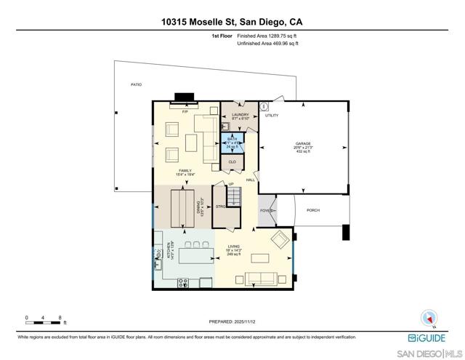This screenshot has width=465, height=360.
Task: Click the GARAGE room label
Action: click(303, 143)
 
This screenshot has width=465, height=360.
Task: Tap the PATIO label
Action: click(136, 84)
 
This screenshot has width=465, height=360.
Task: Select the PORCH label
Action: click(313, 210)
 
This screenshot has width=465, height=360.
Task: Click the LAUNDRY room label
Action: click(240, 114)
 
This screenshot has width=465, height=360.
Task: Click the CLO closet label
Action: click(232, 161)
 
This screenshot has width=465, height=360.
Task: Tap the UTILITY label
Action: click(272, 115)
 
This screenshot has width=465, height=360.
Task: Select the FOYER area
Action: click(267, 211)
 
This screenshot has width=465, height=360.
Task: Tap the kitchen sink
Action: click(158, 254)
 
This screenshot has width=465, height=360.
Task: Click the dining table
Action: click(184, 209)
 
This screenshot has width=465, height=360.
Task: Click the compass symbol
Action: click(428, 318)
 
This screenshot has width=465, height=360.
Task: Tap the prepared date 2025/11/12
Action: click(232, 321)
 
